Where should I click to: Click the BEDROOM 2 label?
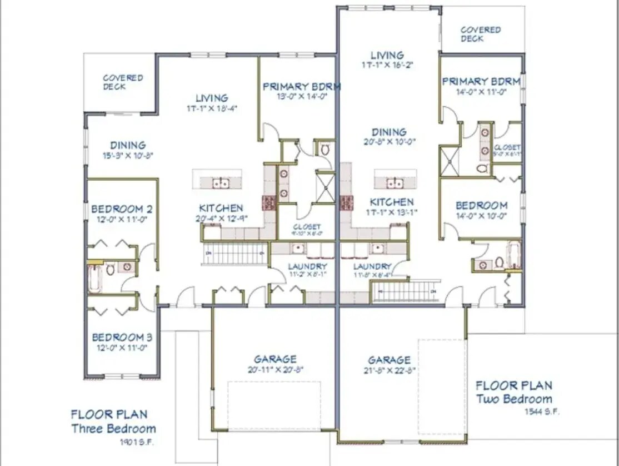tap(121, 209)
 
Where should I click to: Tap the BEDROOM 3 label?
tap(122, 338)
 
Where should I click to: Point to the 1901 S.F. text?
tap(136, 443)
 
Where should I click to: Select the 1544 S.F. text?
tap(542, 412)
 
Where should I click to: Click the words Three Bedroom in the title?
tap(113, 429)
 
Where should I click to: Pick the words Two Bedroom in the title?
tap(514, 399)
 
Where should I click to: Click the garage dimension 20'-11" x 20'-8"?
tap(275, 369)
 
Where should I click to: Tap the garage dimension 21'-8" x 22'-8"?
tap(390, 370)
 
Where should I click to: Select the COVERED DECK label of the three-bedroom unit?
tap(123, 82)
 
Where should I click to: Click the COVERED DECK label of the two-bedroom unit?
tap(480, 34)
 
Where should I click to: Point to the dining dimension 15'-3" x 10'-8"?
tap(127, 156)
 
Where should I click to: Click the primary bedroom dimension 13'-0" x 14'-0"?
tap(301, 96)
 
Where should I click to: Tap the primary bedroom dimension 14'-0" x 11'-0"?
tap(481, 92)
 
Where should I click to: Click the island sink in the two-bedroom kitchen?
tap(395, 182)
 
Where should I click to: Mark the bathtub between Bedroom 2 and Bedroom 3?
tap(94, 278)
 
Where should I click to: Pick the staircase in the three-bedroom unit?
tap(235, 253)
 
